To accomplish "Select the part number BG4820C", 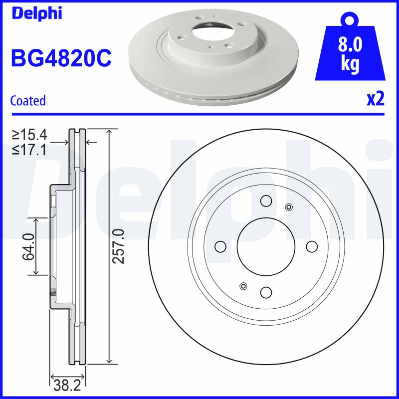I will click(x=61, y=58).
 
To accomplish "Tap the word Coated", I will click(x=28, y=101).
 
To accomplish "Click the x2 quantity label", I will click(x=375, y=99).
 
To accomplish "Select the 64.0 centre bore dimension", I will click(x=27, y=246).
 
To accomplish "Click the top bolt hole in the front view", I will click(x=266, y=200).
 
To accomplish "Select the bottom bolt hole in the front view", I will click(x=266, y=292).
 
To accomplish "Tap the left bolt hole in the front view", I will click(x=220, y=246).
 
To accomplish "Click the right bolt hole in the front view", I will click(x=312, y=246).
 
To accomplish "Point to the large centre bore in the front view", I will click(x=266, y=246).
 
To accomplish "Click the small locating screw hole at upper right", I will click(x=288, y=207).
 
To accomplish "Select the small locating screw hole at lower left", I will click(x=243, y=286).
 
